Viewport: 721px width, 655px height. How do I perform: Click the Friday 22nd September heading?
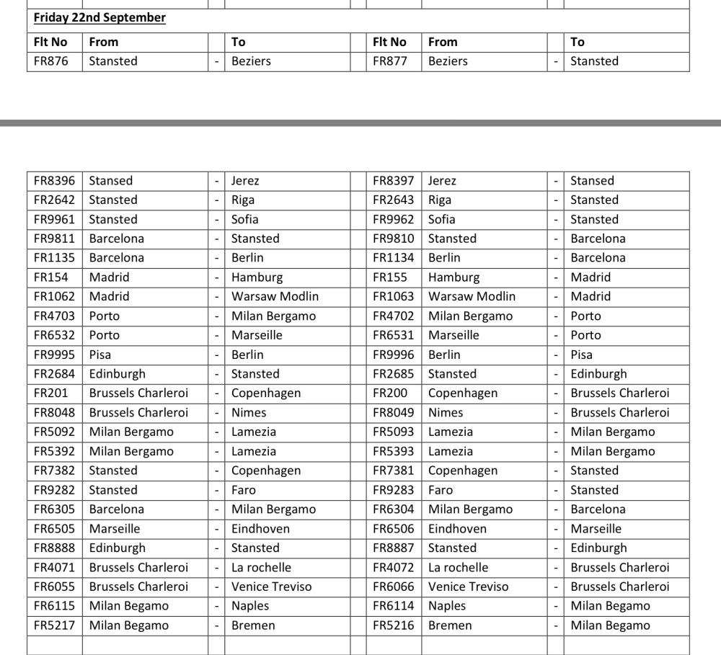99,17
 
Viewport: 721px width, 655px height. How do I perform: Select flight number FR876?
51,61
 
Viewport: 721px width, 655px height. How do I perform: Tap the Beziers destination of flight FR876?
251,61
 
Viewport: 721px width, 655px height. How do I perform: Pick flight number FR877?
390,61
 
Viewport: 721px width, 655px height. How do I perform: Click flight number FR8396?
54,181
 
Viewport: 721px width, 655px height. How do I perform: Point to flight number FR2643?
394,200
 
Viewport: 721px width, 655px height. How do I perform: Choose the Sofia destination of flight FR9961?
244,219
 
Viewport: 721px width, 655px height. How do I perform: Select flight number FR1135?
54,258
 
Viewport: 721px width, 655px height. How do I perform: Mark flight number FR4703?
54,316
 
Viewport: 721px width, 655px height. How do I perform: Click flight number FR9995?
54,355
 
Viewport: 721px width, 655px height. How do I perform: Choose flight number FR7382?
54,471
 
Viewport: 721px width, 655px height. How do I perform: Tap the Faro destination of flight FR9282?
244,490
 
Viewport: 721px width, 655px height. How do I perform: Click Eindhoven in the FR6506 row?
457,528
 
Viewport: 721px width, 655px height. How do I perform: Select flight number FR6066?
394,587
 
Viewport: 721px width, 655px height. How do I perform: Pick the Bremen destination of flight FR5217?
253,625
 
